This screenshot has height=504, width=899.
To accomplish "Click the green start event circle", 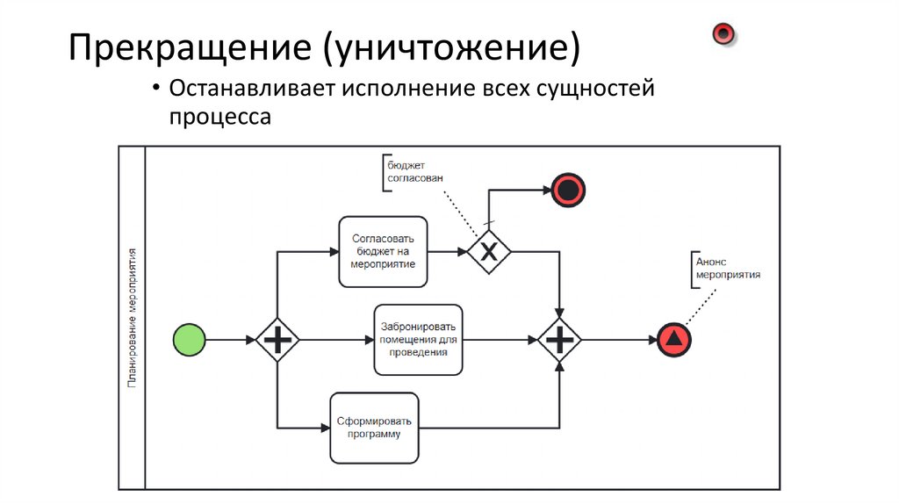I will point(191,339).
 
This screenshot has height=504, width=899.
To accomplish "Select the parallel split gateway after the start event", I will point(277,339).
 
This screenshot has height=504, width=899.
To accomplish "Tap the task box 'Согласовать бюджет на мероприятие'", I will point(383,251).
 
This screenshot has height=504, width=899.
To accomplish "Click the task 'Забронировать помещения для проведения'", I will point(418,339).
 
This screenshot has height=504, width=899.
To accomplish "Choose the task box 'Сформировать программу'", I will point(374,428).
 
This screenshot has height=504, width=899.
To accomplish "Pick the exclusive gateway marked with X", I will point(488,251).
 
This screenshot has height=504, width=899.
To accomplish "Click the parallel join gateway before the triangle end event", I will point(559,339).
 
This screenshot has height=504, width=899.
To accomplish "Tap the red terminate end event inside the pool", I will point(568,189).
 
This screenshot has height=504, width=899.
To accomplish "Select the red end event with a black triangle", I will point(673,339).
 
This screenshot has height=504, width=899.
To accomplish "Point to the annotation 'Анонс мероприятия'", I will point(727,268).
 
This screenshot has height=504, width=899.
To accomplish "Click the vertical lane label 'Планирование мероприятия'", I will point(132,316).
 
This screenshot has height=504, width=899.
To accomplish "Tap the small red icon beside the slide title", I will point(723,34).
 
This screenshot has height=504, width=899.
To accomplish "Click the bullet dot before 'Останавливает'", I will point(155,90).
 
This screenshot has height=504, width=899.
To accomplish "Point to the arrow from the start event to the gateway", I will point(231,339).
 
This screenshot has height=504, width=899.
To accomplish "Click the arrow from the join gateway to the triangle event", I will point(619,339).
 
